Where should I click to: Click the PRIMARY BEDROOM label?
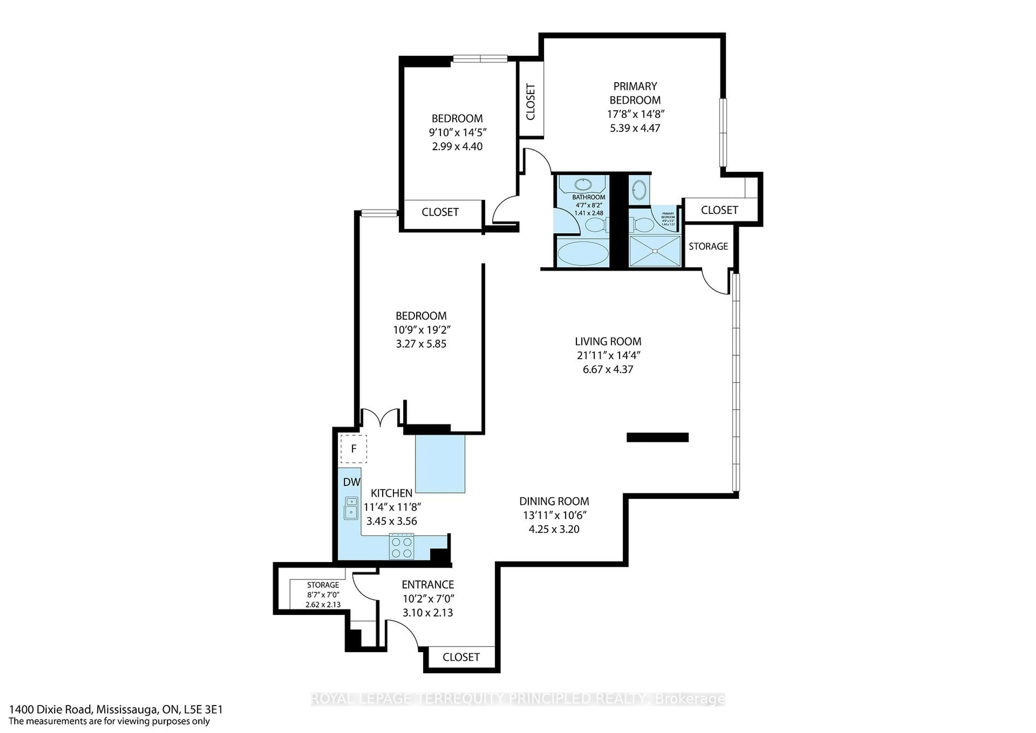(x=635, y=93)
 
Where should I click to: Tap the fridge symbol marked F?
(x=354, y=449)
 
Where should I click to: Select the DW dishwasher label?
(x=352, y=482)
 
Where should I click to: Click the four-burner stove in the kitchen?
(x=402, y=547)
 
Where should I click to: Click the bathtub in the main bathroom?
(x=580, y=253)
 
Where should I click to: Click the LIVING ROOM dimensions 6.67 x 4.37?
(x=608, y=369)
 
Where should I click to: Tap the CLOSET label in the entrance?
(x=461, y=657)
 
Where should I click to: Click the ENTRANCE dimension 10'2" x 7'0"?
(x=428, y=599)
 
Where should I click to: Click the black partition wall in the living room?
(x=657, y=437)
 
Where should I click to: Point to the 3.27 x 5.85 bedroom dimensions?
(x=421, y=344)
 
